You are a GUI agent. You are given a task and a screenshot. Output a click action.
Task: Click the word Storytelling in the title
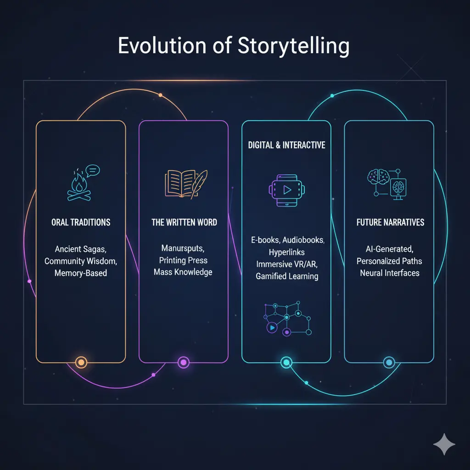click(293, 46)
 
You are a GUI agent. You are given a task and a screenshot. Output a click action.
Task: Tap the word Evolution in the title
click(162, 45)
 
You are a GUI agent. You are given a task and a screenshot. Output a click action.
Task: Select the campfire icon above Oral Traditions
click(79, 185)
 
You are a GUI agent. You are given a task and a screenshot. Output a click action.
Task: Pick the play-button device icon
click(286, 190)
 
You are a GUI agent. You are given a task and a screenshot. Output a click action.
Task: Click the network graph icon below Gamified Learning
click(287, 319)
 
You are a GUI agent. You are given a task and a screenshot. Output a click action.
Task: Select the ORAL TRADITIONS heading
click(81, 222)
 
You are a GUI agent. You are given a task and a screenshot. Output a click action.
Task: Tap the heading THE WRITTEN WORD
click(184, 222)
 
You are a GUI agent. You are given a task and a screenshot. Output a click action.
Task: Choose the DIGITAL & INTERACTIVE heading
click(286, 145)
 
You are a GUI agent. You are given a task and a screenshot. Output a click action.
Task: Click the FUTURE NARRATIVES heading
click(390, 222)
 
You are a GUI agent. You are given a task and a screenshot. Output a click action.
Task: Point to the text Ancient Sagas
click(81, 249)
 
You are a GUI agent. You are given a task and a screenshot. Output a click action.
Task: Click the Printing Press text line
click(183, 260)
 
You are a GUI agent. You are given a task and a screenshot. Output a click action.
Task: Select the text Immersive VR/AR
click(287, 264)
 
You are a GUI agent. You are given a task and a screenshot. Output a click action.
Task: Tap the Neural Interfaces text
click(390, 273)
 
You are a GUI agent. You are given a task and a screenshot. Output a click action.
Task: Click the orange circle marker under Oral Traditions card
click(81, 363)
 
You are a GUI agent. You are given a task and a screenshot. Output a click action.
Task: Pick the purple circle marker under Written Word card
click(184, 363)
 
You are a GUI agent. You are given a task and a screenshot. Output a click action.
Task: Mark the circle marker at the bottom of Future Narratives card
click(389, 363)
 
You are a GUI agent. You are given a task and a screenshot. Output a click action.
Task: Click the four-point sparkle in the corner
click(444, 444)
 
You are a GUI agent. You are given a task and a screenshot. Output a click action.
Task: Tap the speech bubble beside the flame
click(93, 171)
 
